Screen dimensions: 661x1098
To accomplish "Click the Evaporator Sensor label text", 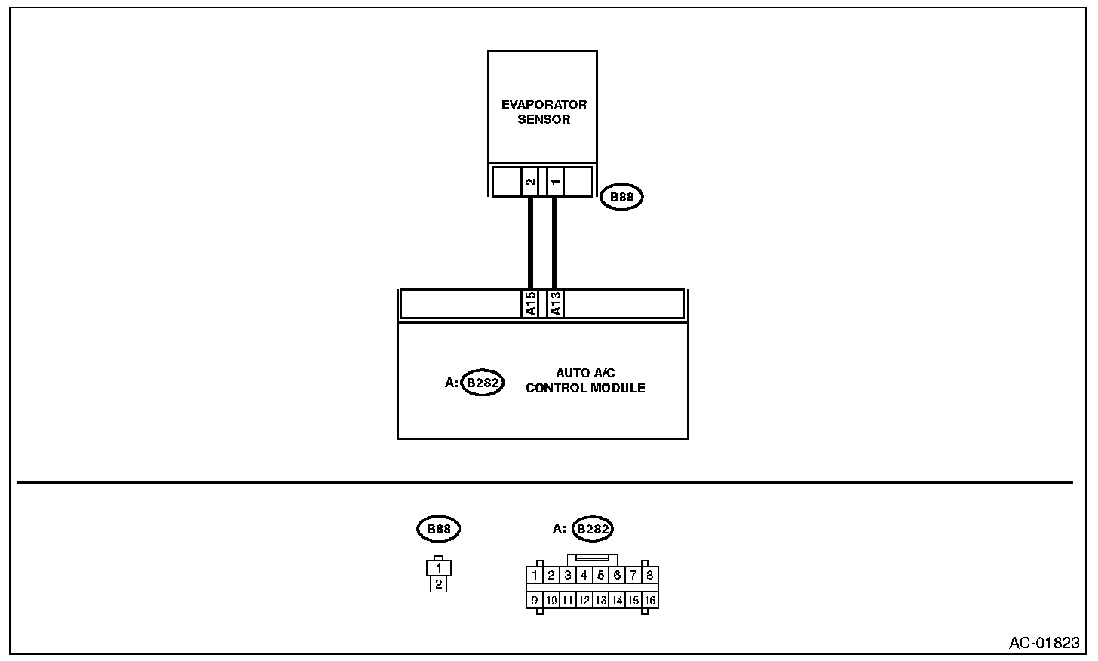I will [x=544, y=112].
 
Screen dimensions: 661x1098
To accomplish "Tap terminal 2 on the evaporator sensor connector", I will [x=531, y=182].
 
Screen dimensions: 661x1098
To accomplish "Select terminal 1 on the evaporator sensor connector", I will [x=554, y=182].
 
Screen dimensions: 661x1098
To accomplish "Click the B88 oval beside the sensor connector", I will [x=622, y=198].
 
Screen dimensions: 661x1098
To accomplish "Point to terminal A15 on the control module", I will [x=531, y=304].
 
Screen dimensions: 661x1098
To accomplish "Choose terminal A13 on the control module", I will [x=554, y=304].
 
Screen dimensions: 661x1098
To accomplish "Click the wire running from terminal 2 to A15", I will [x=531, y=241].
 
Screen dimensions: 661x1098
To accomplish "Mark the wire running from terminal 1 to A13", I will [x=554, y=241].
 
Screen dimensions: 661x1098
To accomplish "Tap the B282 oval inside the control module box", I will [x=483, y=383].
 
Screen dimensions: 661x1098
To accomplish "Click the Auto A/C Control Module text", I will [x=585, y=380].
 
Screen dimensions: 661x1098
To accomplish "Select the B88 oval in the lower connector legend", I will [x=438, y=529].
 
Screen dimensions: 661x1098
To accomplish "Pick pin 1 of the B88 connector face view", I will [x=438, y=567].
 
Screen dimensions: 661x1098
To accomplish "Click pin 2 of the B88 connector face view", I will [x=438, y=583].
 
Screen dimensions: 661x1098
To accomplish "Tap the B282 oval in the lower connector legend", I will [x=593, y=529].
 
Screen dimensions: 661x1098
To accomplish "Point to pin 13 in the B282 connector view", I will [x=600, y=601].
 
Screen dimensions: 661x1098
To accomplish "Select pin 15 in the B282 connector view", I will [x=633, y=601].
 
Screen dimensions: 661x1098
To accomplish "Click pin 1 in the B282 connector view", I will [x=535, y=576].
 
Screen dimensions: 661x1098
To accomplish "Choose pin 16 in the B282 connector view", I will [x=650, y=601].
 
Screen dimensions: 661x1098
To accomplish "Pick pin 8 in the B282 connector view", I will [x=650, y=576].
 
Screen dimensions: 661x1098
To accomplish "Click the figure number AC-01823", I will [x=1044, y=643].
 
